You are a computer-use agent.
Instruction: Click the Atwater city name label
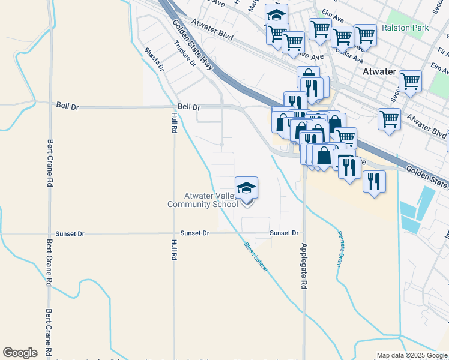click(379, 71)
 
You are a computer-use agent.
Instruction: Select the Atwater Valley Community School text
click(202, 200)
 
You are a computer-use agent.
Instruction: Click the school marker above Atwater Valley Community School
click(246, 188)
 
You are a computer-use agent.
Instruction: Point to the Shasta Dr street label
click(154, 59)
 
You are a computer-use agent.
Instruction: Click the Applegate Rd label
click(304, 267)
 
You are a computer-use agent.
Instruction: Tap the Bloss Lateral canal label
click(256, 257)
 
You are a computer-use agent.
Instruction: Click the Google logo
click(20, 353)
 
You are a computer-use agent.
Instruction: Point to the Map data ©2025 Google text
click(412, 356)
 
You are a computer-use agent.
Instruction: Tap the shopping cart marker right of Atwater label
click(410, 81)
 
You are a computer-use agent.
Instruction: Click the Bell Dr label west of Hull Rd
click(67, 105)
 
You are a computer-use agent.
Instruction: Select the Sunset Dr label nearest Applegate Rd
click(284, 233)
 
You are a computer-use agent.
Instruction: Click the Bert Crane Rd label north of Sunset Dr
click(50, 161)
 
